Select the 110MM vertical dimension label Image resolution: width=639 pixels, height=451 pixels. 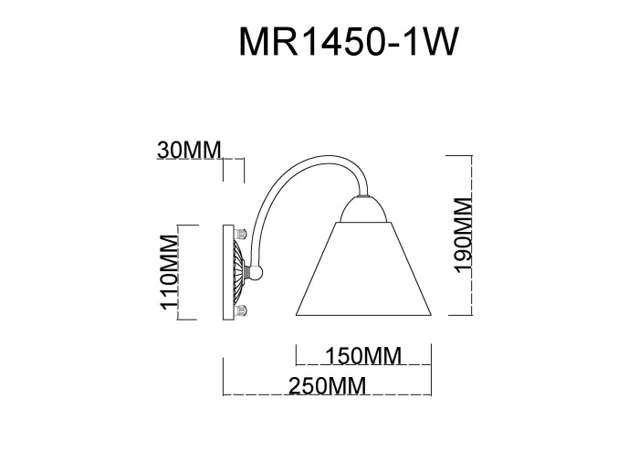coord(168,272)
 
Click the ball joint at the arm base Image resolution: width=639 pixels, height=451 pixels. coord(257,271)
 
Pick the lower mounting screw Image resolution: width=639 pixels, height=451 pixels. coord(243,311)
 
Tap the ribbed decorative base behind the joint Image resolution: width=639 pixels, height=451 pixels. coord(240,271)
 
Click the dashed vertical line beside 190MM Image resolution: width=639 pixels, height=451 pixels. coord(471,236)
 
